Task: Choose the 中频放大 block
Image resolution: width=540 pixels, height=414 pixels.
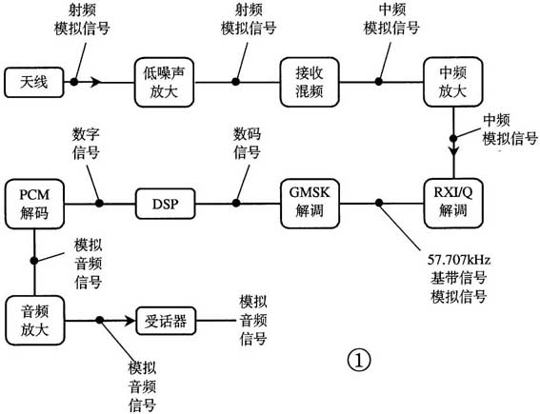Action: tap(453, 82)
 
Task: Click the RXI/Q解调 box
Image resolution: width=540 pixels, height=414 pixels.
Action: tap(453, 202)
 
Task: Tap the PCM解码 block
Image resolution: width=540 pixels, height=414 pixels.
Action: tap(34, 202)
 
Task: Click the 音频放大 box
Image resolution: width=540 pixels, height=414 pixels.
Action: tap(34, 320)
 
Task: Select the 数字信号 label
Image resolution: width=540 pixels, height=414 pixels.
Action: tap(86, 144)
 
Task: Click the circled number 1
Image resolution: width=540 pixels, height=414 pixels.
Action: tap(356, 359)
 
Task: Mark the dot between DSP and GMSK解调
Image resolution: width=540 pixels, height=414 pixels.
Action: tap(236, 203)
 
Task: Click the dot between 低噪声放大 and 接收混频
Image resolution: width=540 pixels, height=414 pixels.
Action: tap(236, 82)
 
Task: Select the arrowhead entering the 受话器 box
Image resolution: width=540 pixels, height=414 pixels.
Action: tap(127, 320)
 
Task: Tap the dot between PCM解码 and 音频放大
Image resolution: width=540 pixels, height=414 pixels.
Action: tap(34, 258)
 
